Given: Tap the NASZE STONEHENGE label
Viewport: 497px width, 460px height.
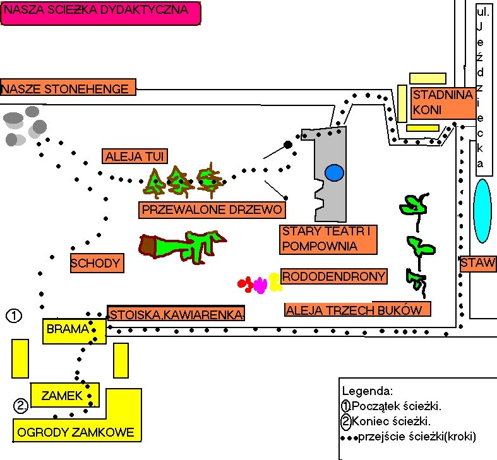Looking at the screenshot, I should click(x=68, y=88).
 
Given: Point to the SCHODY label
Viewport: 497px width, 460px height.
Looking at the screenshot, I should click(x=96, y=263).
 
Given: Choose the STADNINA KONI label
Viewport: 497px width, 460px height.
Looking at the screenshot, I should click(x=443, y=103).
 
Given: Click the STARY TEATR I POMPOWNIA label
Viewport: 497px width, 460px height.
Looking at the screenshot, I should click(x=328, y=239).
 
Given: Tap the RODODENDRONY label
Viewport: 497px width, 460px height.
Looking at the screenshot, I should click(x=334, y=276).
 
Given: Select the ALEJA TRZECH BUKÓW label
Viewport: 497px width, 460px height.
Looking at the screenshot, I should click(x=358, y=309).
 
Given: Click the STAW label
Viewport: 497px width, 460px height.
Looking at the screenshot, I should click(x=478, y=264).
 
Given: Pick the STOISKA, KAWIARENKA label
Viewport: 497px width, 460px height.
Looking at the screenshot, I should click(x=176, y=314).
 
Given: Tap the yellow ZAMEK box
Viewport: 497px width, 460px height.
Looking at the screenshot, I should click(x=62, y=396).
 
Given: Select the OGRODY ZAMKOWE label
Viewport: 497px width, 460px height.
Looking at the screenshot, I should click(x=76, y=432).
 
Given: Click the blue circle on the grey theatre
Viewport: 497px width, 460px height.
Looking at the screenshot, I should click(x=335, y=172).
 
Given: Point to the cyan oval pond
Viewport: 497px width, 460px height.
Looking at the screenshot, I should click(x=482, y=211).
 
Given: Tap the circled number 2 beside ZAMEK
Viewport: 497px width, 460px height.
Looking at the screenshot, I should click(x=21, y=405).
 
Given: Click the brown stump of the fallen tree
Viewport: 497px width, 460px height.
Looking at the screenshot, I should click(x=148, y=245).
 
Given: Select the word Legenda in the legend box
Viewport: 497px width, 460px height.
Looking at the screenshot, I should click(x=367, y=391).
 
